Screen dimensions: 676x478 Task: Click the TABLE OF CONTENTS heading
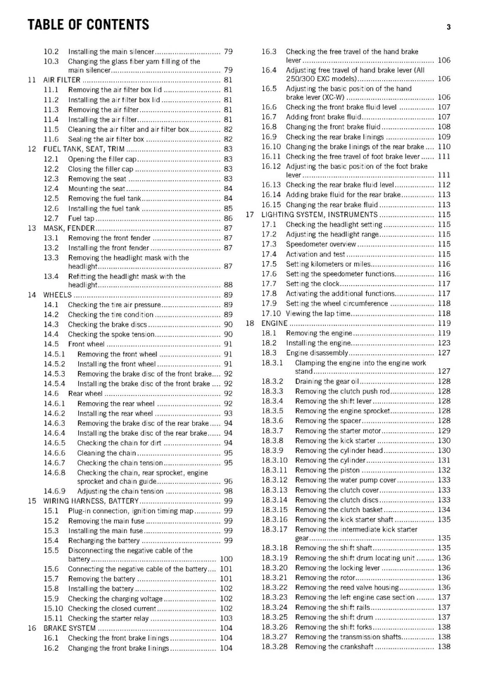coord(88,25)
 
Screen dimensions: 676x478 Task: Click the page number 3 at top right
coord(448,27)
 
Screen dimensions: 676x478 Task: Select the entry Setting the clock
coord(314,284)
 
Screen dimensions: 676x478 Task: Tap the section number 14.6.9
coord(55,491)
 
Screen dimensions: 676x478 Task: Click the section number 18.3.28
coord(275,646)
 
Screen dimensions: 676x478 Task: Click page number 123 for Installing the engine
coord(444,343)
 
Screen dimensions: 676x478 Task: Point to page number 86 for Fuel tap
coord(228,218)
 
